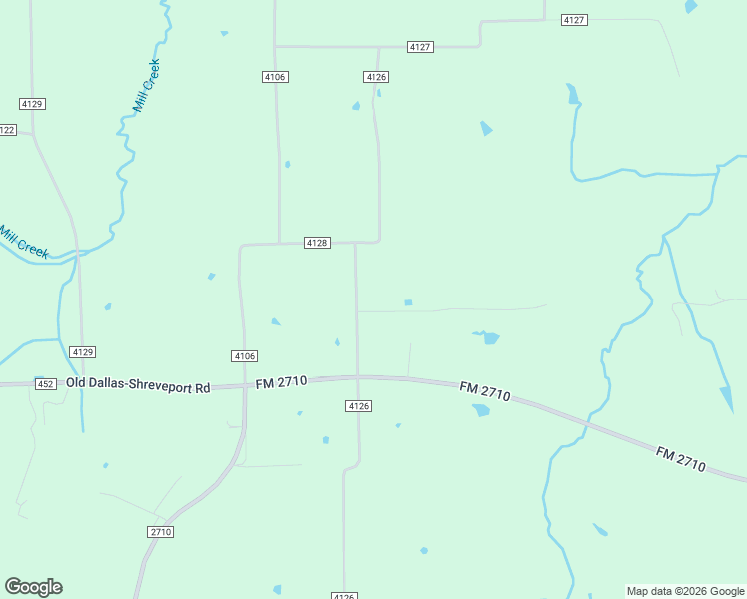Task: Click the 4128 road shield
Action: point(317,243)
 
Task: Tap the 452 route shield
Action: point(45,384)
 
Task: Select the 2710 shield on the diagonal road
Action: point(161,532)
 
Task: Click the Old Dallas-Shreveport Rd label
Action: point(138,385)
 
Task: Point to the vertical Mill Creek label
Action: point(146,85)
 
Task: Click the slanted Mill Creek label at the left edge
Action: point(23,242)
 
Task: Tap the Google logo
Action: point(33,587)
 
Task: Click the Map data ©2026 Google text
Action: point(685,591)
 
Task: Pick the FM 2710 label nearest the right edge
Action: point(681,459)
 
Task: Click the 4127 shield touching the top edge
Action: point(574,19)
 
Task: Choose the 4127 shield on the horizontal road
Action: point(420,47)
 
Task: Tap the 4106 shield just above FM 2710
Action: point(244,356)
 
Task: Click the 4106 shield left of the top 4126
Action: point(276,77)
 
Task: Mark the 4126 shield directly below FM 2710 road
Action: point(359,406)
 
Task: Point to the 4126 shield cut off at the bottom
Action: point(344,596)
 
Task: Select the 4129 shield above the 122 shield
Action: point(32,104)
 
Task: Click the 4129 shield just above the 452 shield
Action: point(83,352)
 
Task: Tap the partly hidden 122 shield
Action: point(7,130)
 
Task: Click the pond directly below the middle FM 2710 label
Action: point(481,410)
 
